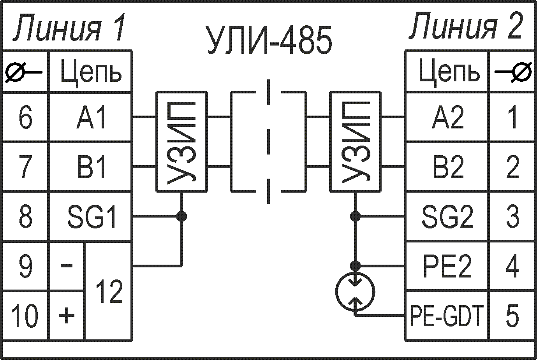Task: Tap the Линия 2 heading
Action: [x=465, y=26]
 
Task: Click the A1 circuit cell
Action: [x=91, y=118]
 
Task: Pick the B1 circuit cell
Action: [x=91, y=167]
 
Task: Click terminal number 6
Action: [x=25, y=118]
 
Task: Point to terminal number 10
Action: [x=25, y=316]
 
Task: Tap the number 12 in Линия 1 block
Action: [x=109, y=291]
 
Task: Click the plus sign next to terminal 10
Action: [x=67, y=315]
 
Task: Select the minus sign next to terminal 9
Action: [x=67, y=266]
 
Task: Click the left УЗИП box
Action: [x=181, y=142]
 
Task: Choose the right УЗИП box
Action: [x=355, y=142]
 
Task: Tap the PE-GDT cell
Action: [x=446, y=316]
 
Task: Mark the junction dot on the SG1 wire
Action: [x=181, y=216]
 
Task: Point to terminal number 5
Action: [x=512, y=316]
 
